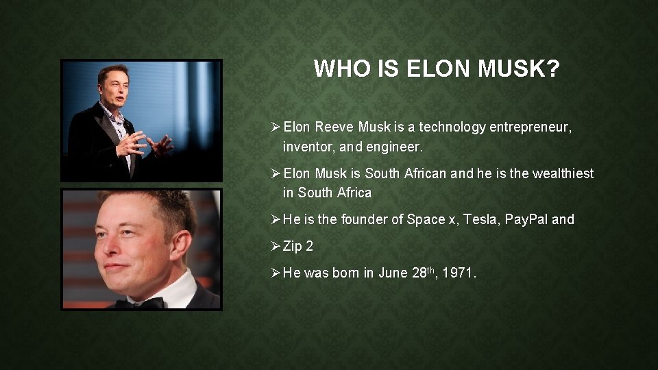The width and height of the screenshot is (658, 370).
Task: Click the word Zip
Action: point(293,246)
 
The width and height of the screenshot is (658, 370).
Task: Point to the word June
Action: point(393,273)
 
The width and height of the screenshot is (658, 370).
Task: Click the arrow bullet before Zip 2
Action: point(275,246)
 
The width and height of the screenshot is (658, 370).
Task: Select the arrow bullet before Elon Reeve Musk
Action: point(275,127)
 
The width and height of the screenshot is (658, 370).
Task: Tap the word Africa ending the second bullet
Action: point(354,193)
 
